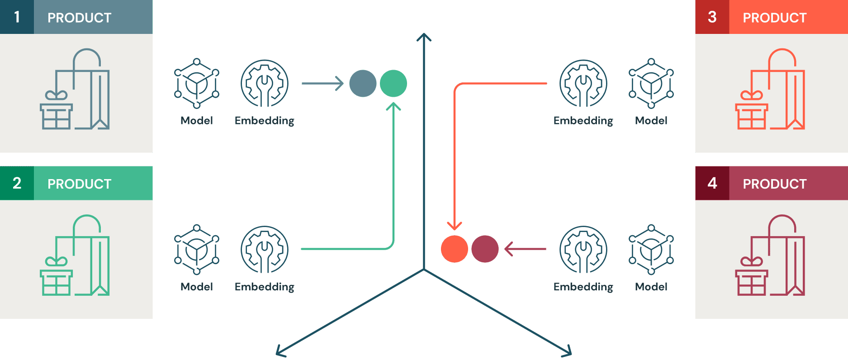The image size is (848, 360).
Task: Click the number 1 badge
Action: (x=17, y=17)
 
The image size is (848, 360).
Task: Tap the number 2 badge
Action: (x=17, y=183)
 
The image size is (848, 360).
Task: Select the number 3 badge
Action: (x=712, y=17)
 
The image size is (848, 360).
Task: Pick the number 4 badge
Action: (x=712, y=183)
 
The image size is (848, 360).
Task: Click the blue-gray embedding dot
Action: (x=363, y=84)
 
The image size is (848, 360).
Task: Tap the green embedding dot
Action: (x=393, y=84)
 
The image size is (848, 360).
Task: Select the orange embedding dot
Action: (x=454, y=249)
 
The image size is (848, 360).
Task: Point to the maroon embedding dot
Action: (x=485, y=249)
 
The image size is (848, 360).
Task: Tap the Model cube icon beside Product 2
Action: (x=197, y=249)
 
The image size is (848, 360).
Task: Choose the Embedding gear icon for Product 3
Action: (x=583, y=83)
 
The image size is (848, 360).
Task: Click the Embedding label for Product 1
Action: (x=264, y=121)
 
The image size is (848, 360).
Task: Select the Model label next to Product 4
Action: (x=651, y=287)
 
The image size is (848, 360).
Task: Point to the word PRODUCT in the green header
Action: (x=79, y=184)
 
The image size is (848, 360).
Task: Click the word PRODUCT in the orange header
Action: (x=774, y=18)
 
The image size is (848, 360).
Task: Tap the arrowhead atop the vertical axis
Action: (x=424, y=37)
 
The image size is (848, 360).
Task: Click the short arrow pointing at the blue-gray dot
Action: (x=322, y=83)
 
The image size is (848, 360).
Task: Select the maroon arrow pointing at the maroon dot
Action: (x=525, y=249)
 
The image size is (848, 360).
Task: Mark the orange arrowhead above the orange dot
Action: (x=454, y=225)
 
